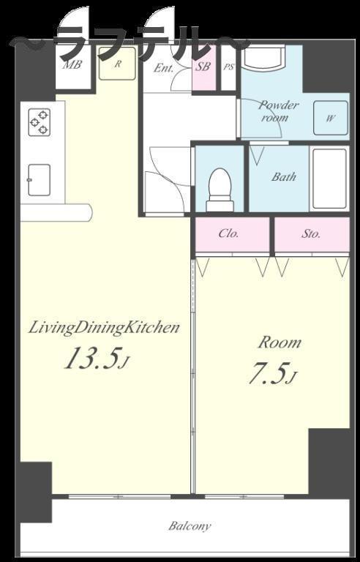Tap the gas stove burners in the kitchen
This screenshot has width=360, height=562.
39,122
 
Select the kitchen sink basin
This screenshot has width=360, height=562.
39,180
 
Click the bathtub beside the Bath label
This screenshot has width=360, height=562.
329,178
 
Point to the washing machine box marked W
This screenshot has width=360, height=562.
330,118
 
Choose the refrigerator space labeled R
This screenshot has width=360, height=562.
118,64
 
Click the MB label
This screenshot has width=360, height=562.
72,65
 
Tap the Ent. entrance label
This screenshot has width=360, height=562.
163,68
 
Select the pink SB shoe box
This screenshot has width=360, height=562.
204,68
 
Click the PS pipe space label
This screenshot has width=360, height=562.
229,67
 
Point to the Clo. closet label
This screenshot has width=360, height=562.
229,233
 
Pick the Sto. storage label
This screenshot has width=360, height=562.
310,234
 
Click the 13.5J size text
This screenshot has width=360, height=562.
96,358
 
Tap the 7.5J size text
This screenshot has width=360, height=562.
272,373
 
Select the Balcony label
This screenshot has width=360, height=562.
190,526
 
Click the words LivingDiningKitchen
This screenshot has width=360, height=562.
104,329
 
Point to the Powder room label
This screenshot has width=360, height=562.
279,110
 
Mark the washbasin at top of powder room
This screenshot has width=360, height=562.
263,56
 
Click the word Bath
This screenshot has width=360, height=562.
284,176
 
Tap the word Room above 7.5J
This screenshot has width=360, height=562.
280,342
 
